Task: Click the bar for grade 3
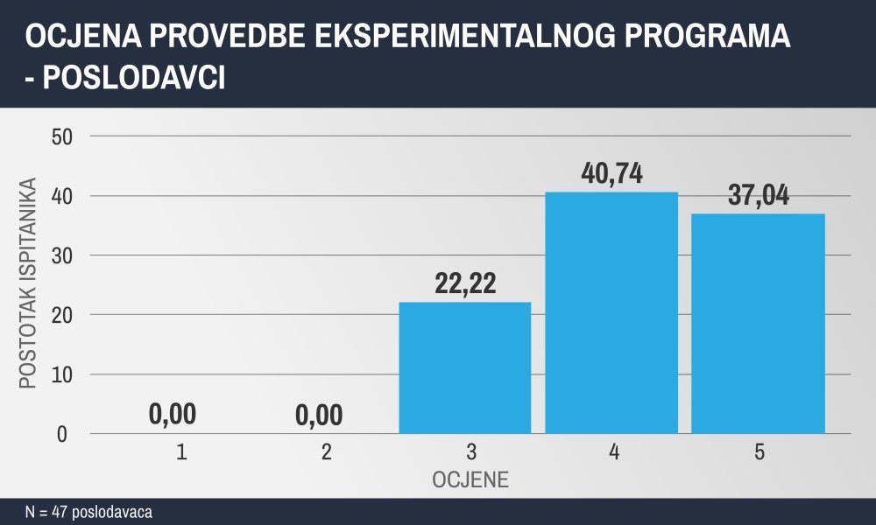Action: pyautogui.click(x=465, y=367)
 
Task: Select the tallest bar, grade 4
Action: pyautogui.click(x=611, y=312)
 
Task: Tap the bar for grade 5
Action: pyautogui.click(x=758, y=324)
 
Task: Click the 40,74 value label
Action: pyautogui.click(x=611, y=173)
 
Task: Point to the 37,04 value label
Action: pyautogui.click(x=758, y=195)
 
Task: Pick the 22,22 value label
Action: pyautogui.click(x=465, y=283)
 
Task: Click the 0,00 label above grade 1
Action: pyautogui.click(x=173, y=415)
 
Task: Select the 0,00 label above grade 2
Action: pyautogui.click(x=319, y=416)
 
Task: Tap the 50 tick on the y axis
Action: pyautogui.click(x=62, y=136)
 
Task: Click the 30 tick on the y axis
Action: pyautogui.click(x=62, y=256)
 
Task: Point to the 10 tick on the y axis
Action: pyautogui.click(x=62, y=374)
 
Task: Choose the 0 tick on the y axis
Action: pyautogui.click(x=62, y=435)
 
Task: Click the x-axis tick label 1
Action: pyautogui.click(x=181, y=451)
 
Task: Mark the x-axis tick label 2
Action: pyautogui.click(x=327, y=451)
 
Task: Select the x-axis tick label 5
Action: pyautogui.click(x=759, y=451)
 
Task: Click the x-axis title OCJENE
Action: pyautogui.click(x=470, y=479)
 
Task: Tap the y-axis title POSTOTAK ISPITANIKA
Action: pyautogui.click(x=27, y=283)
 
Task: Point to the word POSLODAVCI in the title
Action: pyautogui.click(x=134, y=78)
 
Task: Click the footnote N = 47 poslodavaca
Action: pyautogui.click(x=88, y=512)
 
